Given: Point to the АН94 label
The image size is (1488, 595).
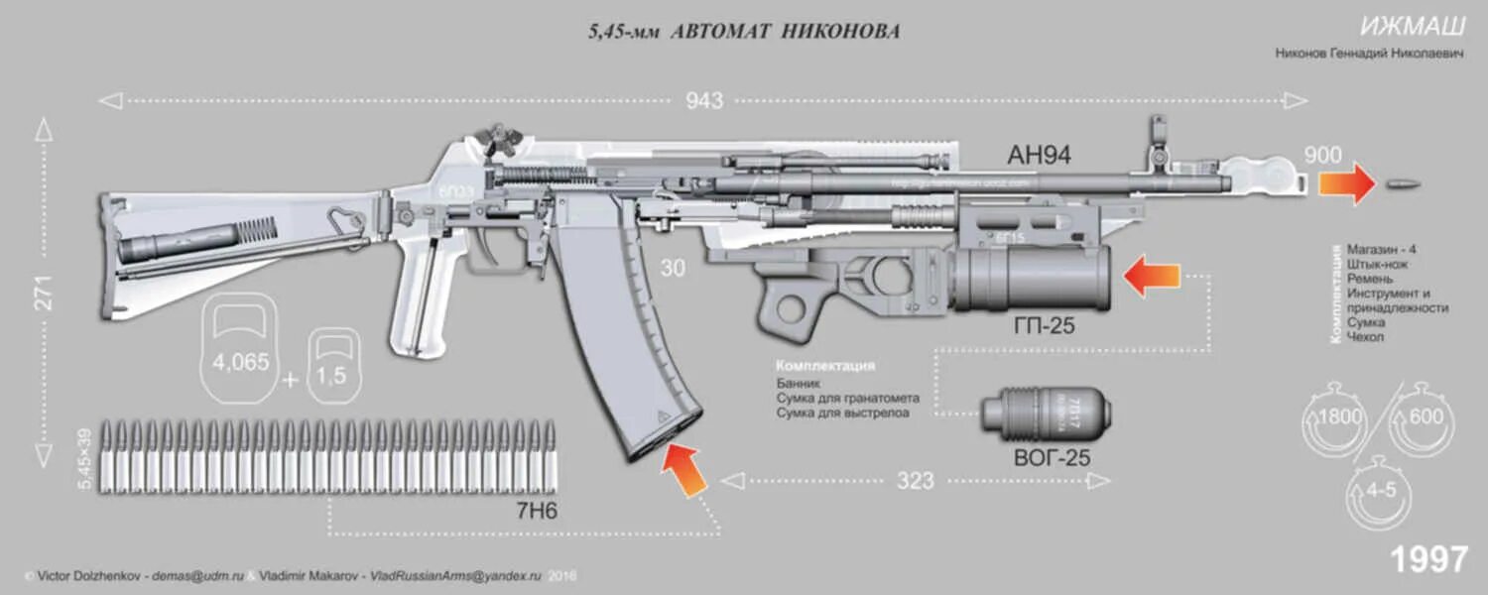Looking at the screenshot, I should coord(1039,156).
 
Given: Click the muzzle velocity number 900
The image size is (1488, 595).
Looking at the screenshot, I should coord(1322,156).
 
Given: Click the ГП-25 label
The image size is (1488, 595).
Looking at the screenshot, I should coord(1044,325).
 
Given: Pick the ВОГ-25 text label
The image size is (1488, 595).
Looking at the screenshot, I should coord(1051,458).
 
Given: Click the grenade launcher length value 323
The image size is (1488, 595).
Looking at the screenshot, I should coord(915,481).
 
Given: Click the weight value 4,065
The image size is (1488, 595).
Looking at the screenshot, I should coord(240,362).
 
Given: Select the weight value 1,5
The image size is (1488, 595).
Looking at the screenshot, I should coord(331,376).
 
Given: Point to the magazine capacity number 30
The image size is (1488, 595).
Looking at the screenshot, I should coord(673,268).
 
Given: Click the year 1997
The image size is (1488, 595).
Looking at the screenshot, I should coord(1428,559).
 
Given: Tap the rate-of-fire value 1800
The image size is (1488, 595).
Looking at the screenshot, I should coord(1338,416).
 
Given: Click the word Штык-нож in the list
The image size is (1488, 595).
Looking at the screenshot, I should coord(1377,265).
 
